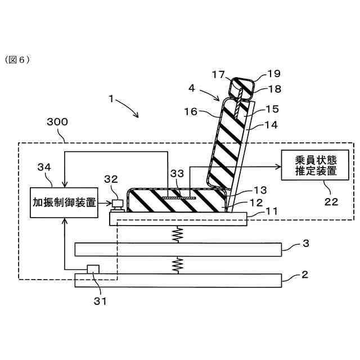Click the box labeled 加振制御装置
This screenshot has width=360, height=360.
pyautogui.click(x=64, y=202)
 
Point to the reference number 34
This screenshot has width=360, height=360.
pyautogui.click(x=44, y=166)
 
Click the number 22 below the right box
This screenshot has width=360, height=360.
pyautogui.click(x=332, y=201)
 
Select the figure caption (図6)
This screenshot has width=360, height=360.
pyautogui.click(x=18, y=58)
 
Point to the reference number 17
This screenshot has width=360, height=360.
pyautogui.click(x=218, y=73)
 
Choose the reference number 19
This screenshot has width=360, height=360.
pyautogui.click(x=274, y=73)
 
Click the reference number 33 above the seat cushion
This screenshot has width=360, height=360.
pyautogui.click(x=177, y=175)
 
